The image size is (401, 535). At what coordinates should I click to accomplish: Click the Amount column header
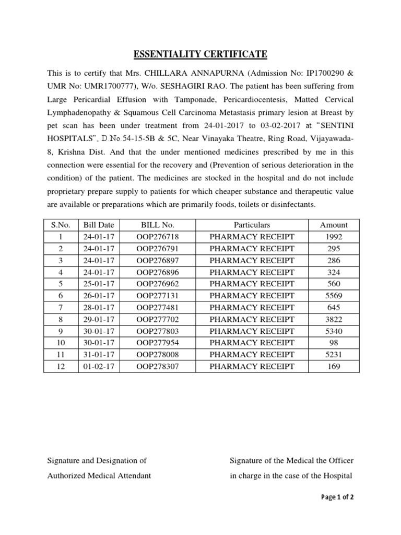(334, 225)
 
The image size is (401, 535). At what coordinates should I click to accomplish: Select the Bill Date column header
(98, 225)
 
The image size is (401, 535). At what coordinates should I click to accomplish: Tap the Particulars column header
(252, 225)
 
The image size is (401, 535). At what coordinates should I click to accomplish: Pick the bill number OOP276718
(157, 237)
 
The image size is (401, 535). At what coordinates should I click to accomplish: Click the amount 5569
(334, 296)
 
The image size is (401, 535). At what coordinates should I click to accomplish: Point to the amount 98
(334, 343)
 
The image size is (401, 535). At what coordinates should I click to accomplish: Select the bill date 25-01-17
(98, 284)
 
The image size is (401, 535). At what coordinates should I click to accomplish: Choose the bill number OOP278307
(157, 366)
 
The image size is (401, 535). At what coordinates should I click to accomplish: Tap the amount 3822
(334, 319)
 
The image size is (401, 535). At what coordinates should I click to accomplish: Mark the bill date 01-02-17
(98, 366)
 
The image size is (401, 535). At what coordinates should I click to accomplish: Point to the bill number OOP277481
(157, 308)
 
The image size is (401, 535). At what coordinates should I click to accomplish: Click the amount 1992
(334, 237)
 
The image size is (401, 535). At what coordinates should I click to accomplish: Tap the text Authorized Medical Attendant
(99, 475)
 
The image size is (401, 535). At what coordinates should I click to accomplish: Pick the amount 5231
(334, 355)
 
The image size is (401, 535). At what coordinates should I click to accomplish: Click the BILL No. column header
(157, 225)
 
